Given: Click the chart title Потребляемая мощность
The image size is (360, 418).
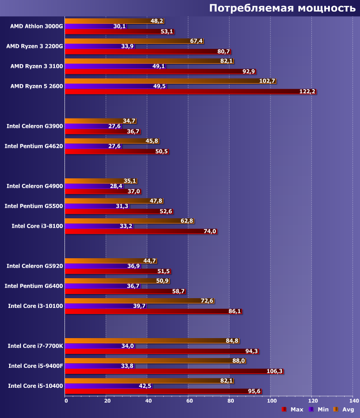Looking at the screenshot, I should [282, 8].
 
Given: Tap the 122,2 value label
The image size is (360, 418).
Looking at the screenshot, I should [307, 91].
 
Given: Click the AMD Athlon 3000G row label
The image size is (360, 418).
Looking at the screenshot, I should [36, 26].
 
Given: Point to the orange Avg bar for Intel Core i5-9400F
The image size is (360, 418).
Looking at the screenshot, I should [148, 360].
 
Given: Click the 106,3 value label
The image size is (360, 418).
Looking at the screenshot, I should [274, 371].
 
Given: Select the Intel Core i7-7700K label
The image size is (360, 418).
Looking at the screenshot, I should [35, 346].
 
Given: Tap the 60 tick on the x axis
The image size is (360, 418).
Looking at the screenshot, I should [189, 400].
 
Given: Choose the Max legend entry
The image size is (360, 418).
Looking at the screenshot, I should [292, 409].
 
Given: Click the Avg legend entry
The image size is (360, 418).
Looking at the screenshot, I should [343, 409].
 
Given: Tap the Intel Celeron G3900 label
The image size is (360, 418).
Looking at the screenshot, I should [34, 126].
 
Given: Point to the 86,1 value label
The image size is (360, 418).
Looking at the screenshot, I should [235, 311].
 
